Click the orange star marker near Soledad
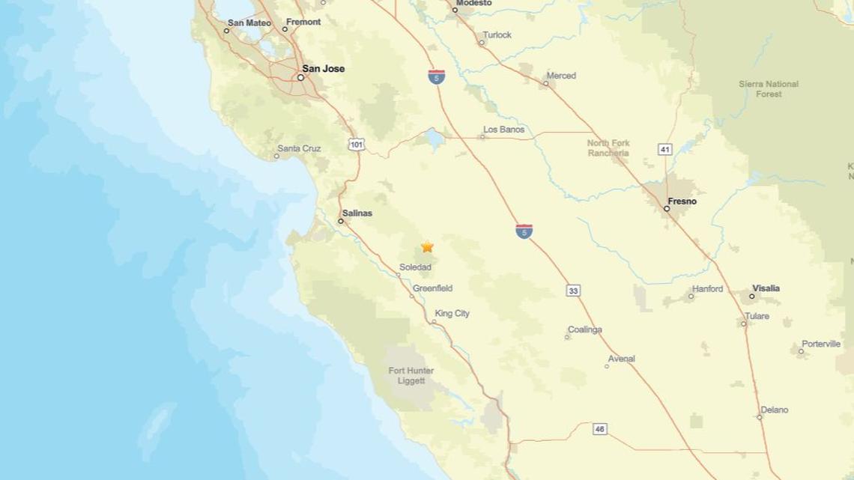(x=427, y=246)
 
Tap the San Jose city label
(x=323, y=69)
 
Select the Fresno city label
(x=682, y=201)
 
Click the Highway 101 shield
(x=357, y=144)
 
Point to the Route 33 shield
(x=573, y=291)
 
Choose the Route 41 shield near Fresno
(x=664, y=150)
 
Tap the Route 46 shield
(x=599, y=429)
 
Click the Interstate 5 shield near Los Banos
(x=437, y=76)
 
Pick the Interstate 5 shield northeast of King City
(x=524, y=231)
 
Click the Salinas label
(x=357, y=213)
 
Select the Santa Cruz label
(x=299, y=148)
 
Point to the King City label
(x=452, y=314)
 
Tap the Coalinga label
(x=584, y=329)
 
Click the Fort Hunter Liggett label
(x=411, y=376)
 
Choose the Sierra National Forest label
(x=769, y=89)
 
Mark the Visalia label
(x=766, y=288)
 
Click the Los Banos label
(x=503, y=130)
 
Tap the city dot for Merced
(x=545, y=84)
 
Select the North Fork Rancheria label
(x=608, y=148)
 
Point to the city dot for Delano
(x=759, y=417)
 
